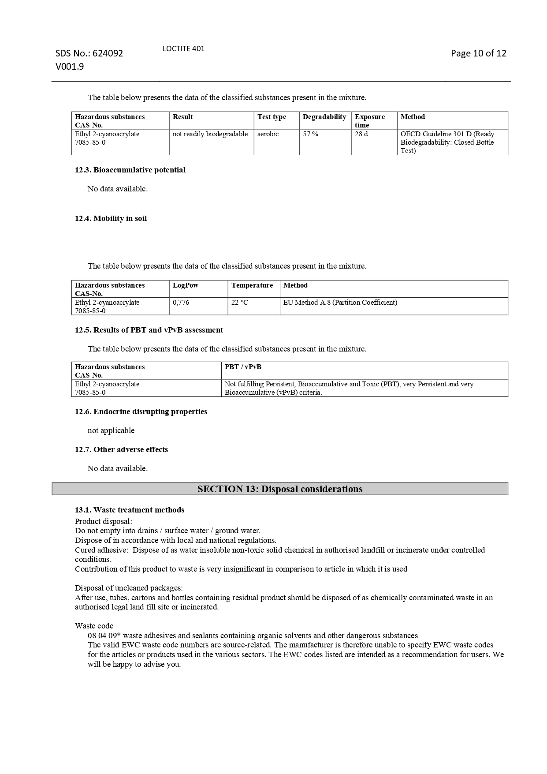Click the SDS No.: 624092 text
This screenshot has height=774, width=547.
click(89, 53)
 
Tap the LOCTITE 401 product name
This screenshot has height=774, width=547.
click(183, 49)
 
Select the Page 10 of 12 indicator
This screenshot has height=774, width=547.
click(478, 53)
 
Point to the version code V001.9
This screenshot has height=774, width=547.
click(70, 67)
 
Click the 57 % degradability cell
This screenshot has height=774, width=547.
click(310, 134)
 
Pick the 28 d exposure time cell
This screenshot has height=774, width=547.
click(361, 134)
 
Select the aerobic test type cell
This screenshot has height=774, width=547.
click(268, 134)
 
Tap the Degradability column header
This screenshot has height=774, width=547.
click(324, 117)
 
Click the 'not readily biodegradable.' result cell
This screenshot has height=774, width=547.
click(211, 134)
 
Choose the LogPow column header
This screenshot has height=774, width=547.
click(186, 285)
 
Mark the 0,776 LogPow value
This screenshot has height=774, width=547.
click(181, 303)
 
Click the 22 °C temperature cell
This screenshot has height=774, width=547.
click(240, 303)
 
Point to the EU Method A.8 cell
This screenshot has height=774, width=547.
click(340, 303)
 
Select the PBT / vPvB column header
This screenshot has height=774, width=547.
click(243, 367)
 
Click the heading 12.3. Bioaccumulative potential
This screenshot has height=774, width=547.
click(130, 170)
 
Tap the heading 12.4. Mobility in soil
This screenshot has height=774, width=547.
click(111, 219)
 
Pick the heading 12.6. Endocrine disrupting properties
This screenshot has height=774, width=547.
click(141, 412)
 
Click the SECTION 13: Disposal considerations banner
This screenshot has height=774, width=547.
click(280, 489)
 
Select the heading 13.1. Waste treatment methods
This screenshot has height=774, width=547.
click(130, 510)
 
